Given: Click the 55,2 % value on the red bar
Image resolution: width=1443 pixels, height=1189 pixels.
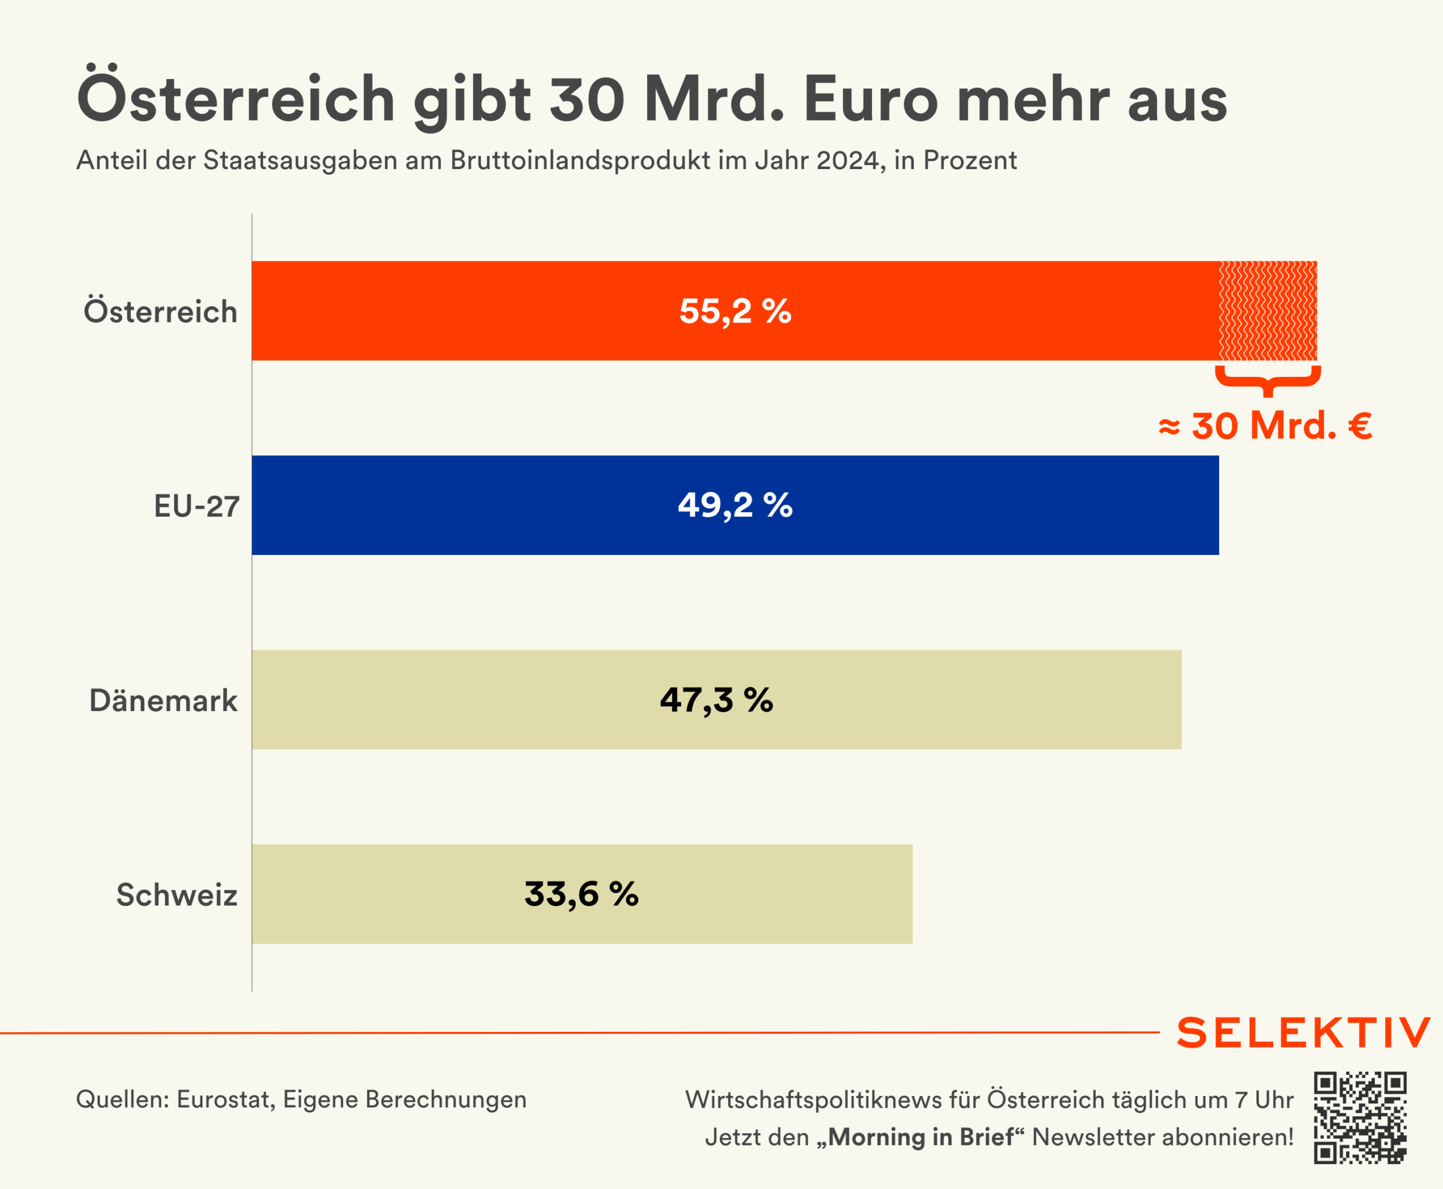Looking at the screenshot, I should pos(735,312).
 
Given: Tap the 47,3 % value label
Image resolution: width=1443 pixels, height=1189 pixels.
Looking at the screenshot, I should pos(716,700).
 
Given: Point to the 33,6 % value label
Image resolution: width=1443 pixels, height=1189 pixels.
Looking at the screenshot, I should pos(582,894).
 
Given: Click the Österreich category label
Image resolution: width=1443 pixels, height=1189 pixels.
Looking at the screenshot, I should pos(160,312).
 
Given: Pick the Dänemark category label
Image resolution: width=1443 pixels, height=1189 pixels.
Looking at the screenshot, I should pos(163,700).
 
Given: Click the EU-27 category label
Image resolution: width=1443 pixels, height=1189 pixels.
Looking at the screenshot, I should pos(197,507).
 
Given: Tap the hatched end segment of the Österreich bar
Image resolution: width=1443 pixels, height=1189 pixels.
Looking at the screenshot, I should pos(1268,311).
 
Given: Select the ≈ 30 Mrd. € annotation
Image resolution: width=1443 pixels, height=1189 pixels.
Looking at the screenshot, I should pos(1265,426).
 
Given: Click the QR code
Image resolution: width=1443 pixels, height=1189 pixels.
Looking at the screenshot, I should pos(1360,1118).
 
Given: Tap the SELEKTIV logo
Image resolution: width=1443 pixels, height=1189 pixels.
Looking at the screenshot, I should pos(1303,1033).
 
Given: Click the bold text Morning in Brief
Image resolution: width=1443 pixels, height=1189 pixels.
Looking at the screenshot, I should pos(920,1137).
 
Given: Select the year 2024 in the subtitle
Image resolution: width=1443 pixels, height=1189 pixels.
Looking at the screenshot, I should pos(848,160).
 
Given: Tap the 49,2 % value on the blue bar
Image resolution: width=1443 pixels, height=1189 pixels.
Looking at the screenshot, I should pos(735,505).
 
